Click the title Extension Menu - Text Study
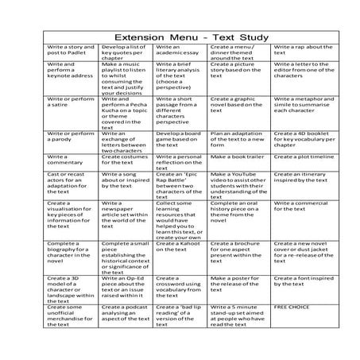point(180,37)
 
